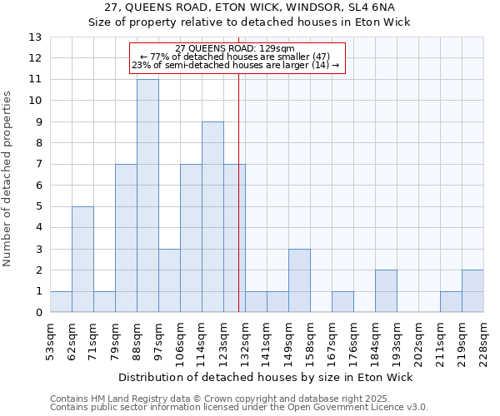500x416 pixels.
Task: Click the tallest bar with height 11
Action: [x=147, y=196]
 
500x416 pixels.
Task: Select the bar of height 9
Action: [x=212, y=217]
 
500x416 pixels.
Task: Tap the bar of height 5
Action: [x=82, y=260]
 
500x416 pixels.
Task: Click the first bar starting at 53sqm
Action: [x=61, y=302]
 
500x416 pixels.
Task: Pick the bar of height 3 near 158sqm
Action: [x=299, y=280]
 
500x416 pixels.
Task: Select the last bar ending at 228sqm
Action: [x=472, y=291]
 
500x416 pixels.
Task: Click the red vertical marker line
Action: [x=239, y=208]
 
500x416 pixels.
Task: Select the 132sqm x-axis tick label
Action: [x=245, y=339]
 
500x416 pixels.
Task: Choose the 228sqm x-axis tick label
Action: [x=483, y=339]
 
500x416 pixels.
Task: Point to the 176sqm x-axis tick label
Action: [x=353, y=339]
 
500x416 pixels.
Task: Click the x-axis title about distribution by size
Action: [x=272, y=377]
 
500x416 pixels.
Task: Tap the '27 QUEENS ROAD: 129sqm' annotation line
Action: [x=236, y=49]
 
